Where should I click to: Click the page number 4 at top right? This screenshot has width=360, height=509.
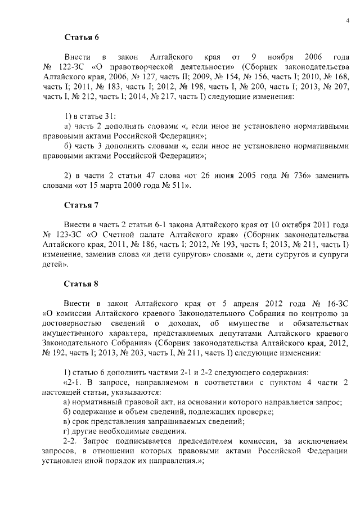click(347, 21)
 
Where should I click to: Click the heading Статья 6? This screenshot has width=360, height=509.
click(81, 38)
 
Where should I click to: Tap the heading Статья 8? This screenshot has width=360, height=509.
click(81, 283)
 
